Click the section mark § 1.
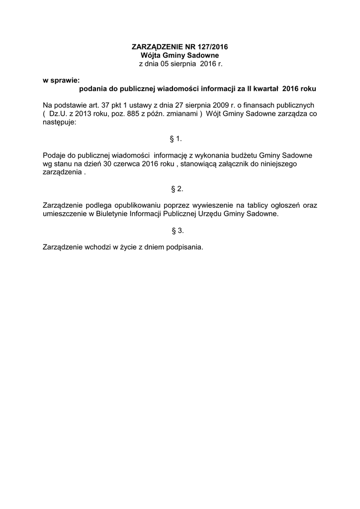(x=178, y=139)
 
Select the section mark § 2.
(x=178, y=189)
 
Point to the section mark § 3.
(x=178, y=231)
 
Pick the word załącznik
(x=232, y=164)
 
